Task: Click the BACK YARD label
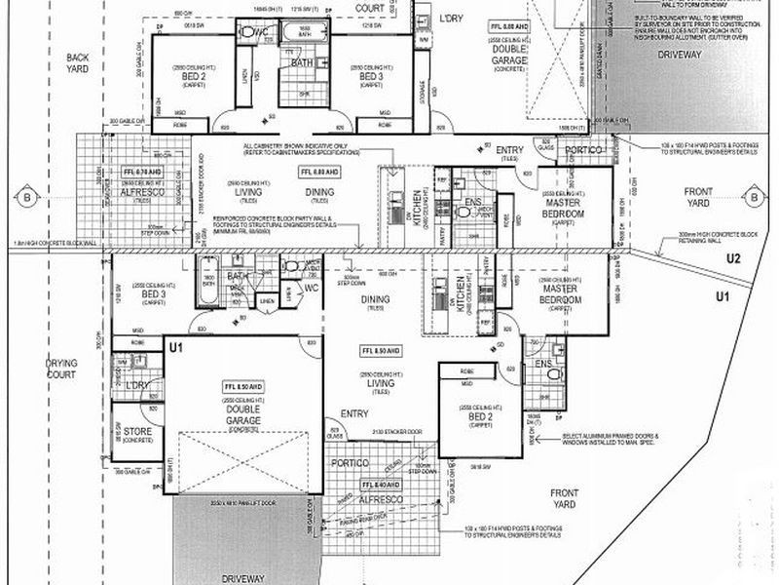[77, 63]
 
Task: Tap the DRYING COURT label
[60, 368]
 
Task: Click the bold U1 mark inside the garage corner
[176, 347]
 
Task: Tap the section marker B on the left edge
[26, 199]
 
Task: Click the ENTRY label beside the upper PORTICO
[509, 149]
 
